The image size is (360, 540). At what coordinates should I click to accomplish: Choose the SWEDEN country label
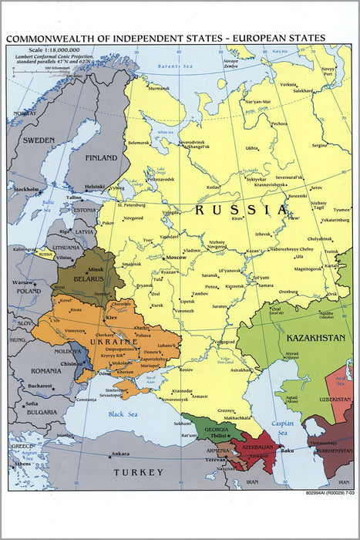[38, 140]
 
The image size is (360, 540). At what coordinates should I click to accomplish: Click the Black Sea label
[126, 414]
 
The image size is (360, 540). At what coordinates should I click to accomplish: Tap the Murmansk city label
[159, 88]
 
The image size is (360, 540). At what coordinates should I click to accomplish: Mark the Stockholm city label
[26, 189]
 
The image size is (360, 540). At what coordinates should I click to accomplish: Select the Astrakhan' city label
[241, 370]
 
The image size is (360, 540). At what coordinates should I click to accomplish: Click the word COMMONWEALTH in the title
[49, 38]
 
